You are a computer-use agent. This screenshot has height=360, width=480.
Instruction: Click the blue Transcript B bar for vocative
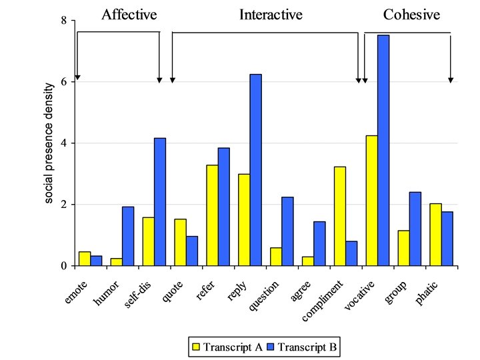click(x=383, y=150)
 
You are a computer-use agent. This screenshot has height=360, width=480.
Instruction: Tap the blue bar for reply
click(x=255, y=170)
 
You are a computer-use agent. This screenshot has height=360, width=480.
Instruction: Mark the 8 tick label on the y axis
click(x=63, y=21)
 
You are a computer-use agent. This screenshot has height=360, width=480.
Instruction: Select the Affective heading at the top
click(x=128, y=14)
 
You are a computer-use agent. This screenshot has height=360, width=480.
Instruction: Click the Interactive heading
click(x=271, y=14)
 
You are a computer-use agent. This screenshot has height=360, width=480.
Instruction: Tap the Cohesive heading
click(x=411, y=14)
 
